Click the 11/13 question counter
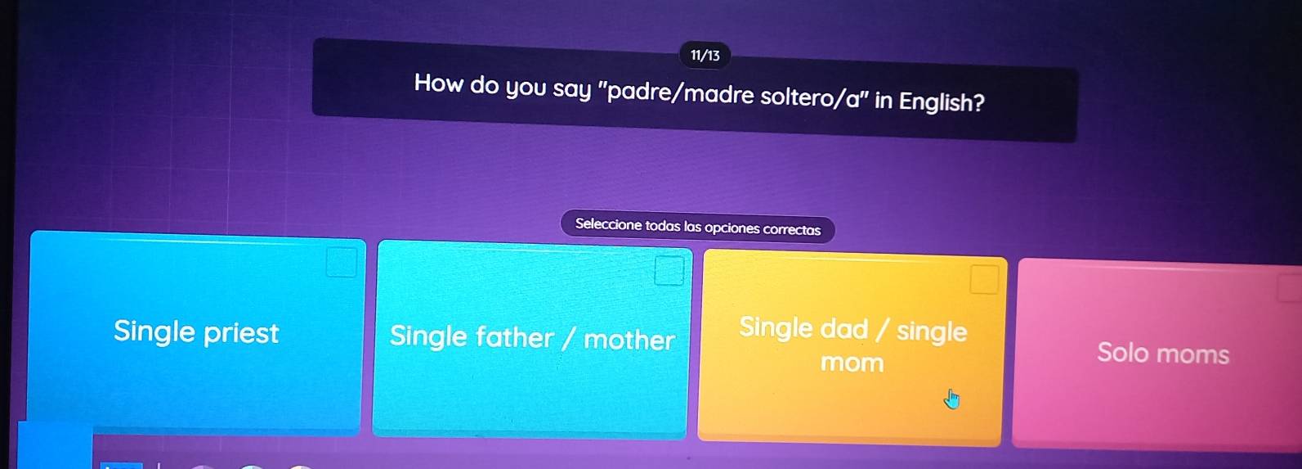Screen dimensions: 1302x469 (705, 56)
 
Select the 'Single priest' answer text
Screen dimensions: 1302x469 (196, 331)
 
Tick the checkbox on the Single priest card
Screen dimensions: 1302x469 (341, 263)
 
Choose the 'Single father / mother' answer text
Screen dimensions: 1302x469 (532, 337)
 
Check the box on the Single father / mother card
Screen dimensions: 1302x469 (669, 271)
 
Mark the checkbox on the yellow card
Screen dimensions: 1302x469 (984, 280)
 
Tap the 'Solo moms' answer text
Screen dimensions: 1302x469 (1163, 354)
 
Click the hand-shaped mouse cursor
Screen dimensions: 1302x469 (951, 399)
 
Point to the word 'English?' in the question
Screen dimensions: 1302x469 (942, 101)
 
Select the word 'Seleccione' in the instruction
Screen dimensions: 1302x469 (609, 224)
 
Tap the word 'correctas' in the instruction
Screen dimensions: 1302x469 (792, 230)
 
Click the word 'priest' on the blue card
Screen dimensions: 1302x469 (241, 333)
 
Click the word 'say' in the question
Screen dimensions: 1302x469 (572, 89)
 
